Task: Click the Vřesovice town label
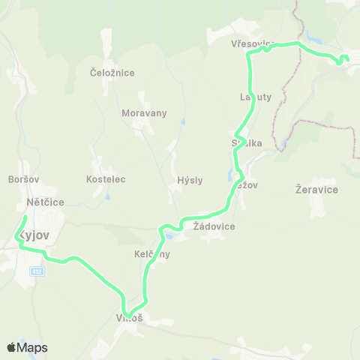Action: pos(253,45)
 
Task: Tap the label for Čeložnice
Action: pos(112,73)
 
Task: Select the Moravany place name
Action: pos(144,113)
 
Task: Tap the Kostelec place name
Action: pos(106,180)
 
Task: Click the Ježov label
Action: pos(246,184)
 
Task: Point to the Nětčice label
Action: pos(45,202)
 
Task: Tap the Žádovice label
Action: pos(214,226)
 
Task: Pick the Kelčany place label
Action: pos(152,254)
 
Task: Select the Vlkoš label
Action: pos(129,318)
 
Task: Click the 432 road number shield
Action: pos(36,271)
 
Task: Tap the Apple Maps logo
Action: pos(26,347)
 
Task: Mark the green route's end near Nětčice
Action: pos(25,218)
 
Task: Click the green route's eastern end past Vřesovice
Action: pos(346,58)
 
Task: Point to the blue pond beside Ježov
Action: pos(229,175)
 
